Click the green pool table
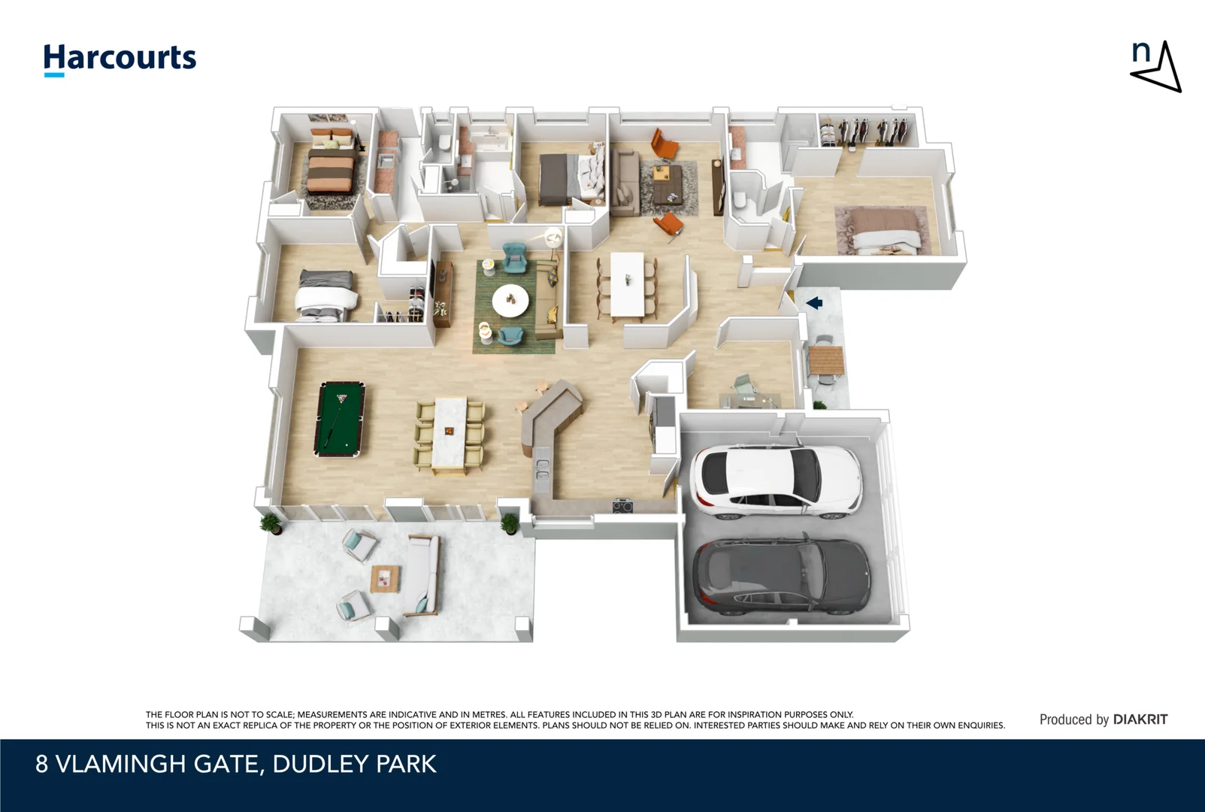[340, 420]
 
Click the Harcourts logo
[120, 59]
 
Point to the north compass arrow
[1157, 67]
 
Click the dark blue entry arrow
[814, 303]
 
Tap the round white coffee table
[510, 301]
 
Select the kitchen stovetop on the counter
[623, 506]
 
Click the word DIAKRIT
[1140, 720]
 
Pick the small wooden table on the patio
[385, 579]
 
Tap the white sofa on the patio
[422, 575]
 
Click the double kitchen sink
[542, 469]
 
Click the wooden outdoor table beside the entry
[825, 360]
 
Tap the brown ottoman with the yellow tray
[668, 184]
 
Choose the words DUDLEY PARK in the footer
[355, 764]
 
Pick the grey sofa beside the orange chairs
[625, 182]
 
